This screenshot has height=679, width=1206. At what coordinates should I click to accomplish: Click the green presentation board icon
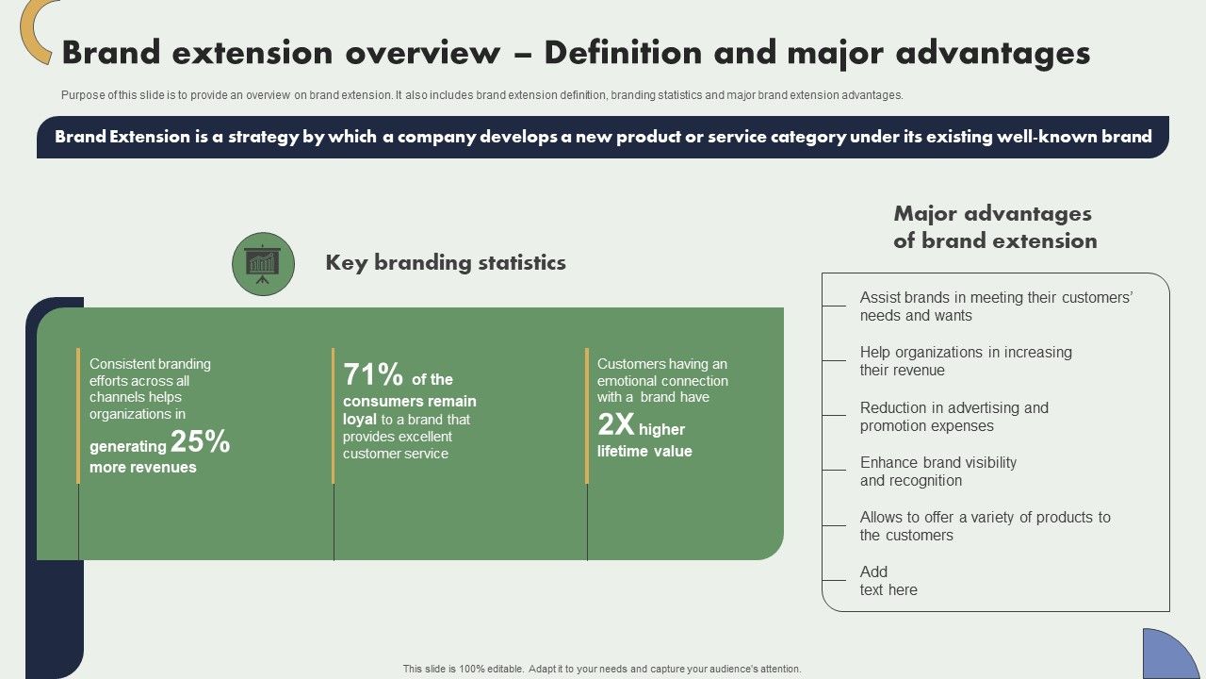pyautogui.click(x=263, y=264)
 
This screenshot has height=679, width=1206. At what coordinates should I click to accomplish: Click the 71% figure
pyautogui.click(x=373, y=375)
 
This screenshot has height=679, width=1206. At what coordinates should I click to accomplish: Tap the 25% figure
pyautogui.click(x=201, y=441)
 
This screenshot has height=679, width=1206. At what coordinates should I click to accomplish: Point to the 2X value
pyautogui.click(x=616, y=425)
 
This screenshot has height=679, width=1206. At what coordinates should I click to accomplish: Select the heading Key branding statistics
pyautogui.click(x=446, y=263)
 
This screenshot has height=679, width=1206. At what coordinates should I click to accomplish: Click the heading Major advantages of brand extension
pyautogui.click(x=995, y=227)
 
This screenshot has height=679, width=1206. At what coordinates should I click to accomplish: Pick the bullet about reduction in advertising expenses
pyautogui.click(x=953, y=417)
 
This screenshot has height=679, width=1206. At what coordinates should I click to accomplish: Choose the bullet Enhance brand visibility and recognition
pyautogui.click(x=937, y=472)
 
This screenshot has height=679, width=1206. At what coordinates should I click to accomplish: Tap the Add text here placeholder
pyautogui.click(x=888, y=581)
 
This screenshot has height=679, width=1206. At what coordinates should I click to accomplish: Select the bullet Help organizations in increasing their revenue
pyautogui.click(x=965, y=361)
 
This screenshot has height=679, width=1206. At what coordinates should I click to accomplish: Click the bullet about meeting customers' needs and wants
pyautogui.click(x=995, y=306)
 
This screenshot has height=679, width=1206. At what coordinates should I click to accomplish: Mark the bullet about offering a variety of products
pyautogui.click(x=985, y=526)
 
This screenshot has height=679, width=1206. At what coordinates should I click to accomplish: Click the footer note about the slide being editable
pyautogui.click(x=602, y=669)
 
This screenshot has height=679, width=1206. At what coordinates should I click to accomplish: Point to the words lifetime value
pyautogui.click(x=644, y=452)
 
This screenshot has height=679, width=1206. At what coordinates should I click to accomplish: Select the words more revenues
pyautogui.click(x=143, y=468)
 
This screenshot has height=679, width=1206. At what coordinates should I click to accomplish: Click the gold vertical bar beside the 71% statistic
pyautogui.click(x=333, y=416)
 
